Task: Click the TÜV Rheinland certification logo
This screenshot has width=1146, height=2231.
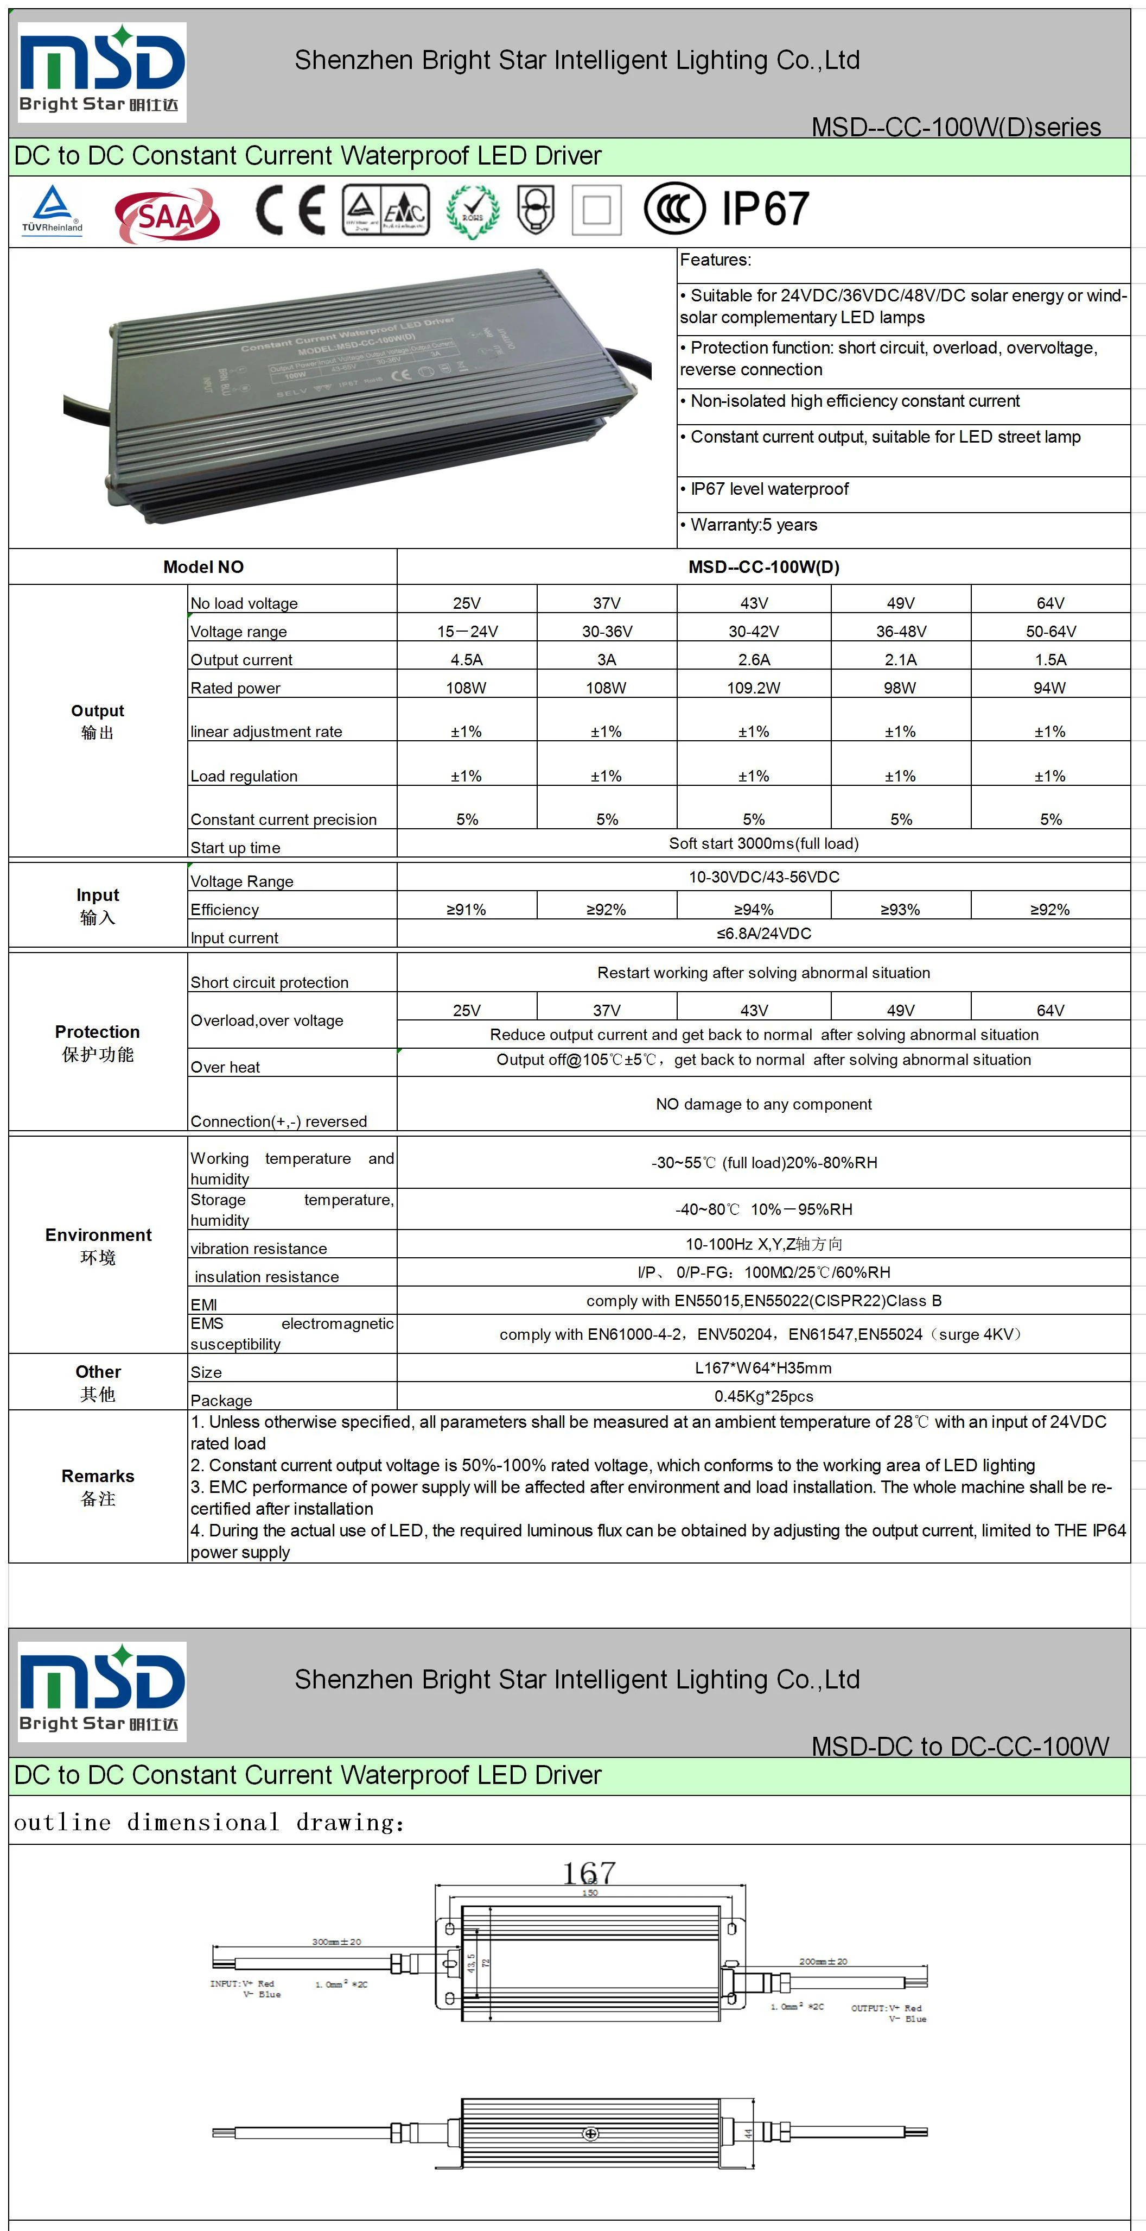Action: point(53,210)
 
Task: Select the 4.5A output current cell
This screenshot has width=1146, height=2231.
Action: point(467,660)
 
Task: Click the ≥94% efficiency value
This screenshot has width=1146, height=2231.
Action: point(753,909)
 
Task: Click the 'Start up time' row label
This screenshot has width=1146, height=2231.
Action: point(235,848)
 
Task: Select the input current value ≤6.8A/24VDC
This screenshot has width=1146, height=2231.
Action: point(763,934)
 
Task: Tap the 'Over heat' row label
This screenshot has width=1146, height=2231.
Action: point(225,1067)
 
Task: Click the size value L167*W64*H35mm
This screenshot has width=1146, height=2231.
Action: point(763,1369)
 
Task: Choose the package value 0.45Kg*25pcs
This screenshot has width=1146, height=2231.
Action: point(763,1396)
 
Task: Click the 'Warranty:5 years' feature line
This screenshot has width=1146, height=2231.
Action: point(753,525)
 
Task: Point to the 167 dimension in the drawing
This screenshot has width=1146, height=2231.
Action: point(589,1873)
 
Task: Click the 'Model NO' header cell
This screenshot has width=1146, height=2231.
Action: point(203,568)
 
